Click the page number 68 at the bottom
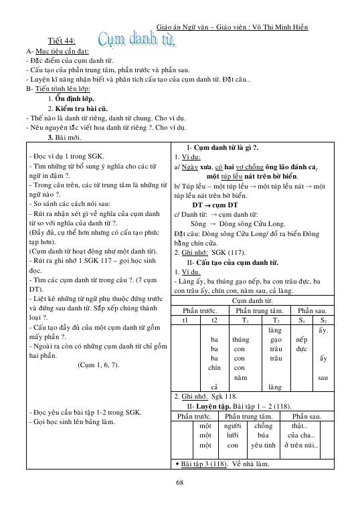[x=180, y=484]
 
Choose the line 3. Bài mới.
[x=64, y=137]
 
